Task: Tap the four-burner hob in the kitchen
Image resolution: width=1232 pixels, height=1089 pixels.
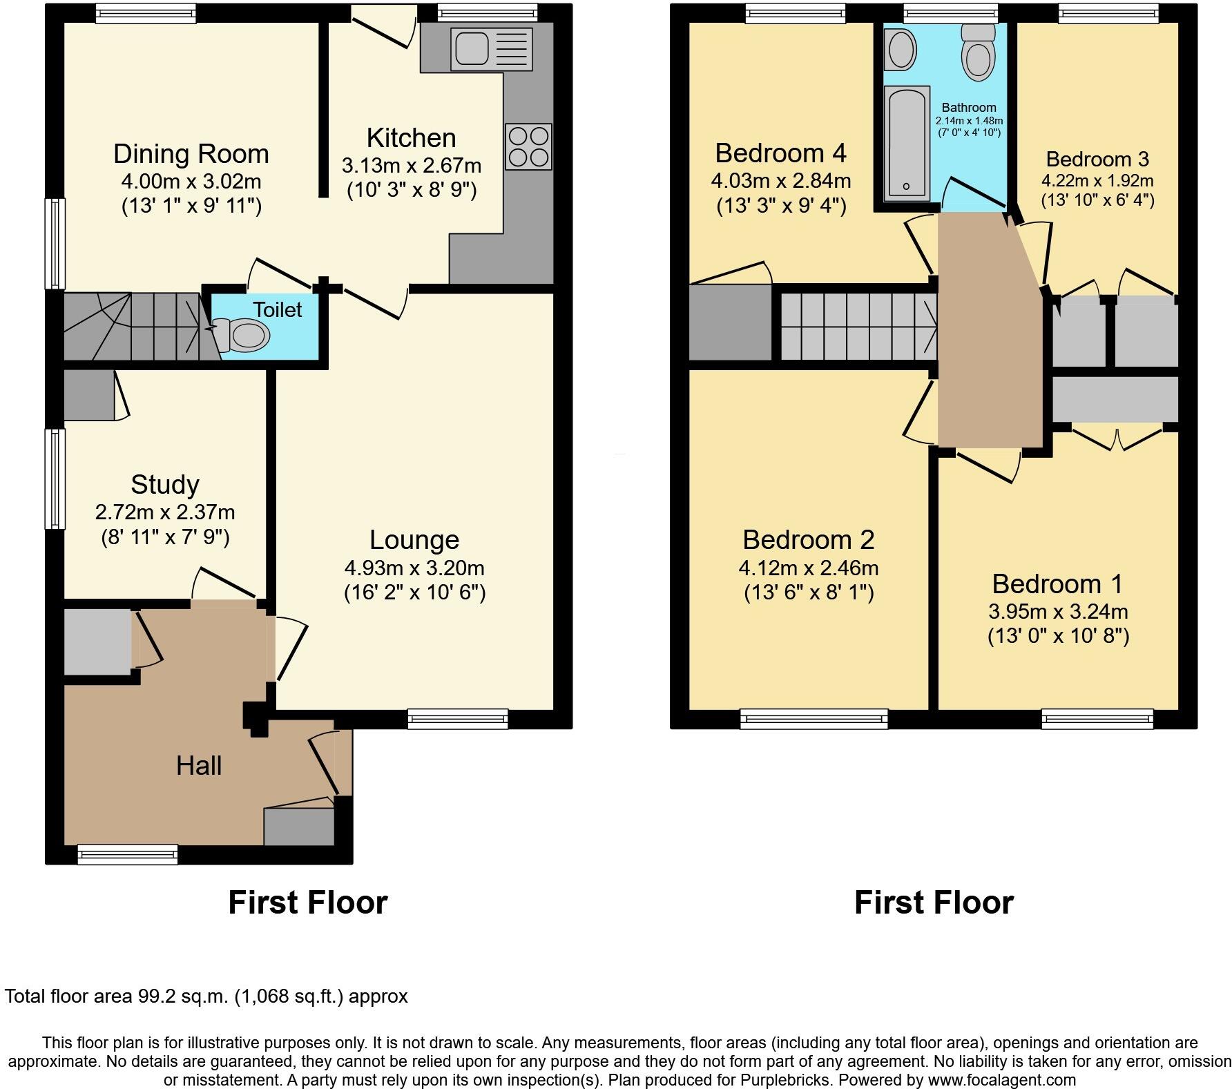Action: [528, 146]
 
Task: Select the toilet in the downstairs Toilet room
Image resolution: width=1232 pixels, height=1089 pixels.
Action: [243, 336]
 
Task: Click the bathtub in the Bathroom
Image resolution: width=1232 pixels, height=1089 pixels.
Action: [906, 144]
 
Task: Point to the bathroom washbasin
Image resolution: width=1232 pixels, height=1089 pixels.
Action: [901, 49]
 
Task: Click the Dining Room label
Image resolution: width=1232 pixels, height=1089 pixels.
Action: [191, 154]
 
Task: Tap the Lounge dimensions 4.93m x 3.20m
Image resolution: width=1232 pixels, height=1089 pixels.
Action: [414, 568]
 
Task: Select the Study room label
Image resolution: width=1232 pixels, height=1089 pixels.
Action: [164, 485]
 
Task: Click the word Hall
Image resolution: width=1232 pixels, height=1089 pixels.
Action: [199, 766]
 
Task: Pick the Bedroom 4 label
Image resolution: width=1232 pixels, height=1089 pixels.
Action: [780, 153]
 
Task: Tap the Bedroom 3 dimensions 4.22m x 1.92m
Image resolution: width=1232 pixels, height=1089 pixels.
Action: [1097, 181]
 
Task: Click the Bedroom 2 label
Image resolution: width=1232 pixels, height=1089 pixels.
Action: [808, 540]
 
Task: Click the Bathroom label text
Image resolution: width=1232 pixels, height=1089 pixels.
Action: [968, 108]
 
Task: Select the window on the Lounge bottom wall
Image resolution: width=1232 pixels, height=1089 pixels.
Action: [458, 719]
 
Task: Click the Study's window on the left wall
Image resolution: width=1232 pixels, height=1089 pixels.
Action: [55, 479]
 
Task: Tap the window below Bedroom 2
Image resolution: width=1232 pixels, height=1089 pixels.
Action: [814, 719]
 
